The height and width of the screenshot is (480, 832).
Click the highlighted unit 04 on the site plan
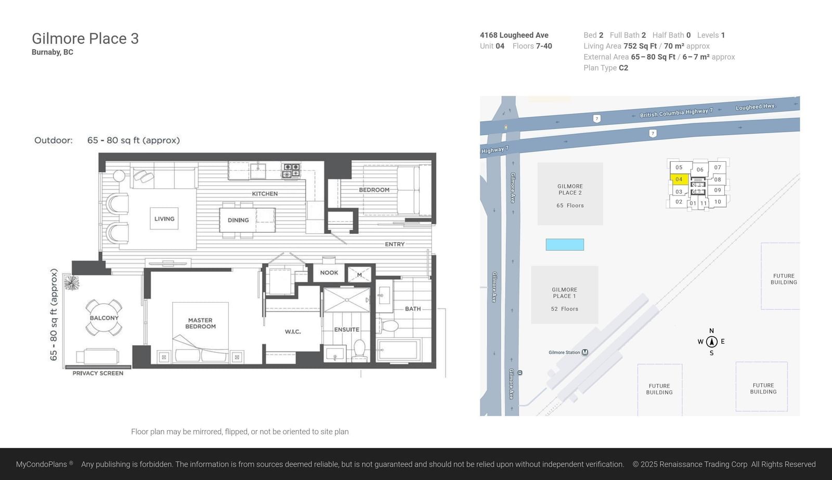679,179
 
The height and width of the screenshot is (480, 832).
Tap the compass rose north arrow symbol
712,342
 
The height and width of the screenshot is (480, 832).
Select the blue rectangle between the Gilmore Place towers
565,244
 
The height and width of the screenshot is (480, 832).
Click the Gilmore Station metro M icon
585,352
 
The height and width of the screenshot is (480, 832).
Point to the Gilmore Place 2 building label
570,189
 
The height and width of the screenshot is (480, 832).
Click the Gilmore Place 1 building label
565,293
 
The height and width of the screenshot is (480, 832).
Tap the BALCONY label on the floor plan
104,318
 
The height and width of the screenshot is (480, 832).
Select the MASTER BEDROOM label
201,323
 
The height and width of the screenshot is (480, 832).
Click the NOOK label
329,273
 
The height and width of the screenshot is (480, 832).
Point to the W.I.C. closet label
293,332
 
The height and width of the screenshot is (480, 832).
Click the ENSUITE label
346,330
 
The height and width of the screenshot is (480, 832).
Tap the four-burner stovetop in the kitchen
291,171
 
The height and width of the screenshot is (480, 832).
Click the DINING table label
238,220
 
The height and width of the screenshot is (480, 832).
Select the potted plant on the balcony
72,283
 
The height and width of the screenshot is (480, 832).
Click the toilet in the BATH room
388,326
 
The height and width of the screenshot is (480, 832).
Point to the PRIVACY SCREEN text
98,373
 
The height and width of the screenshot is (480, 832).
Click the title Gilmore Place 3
85,38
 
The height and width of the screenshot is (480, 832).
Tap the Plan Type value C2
623,68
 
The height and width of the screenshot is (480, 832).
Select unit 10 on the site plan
718,202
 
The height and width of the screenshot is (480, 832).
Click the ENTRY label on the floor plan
395,244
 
